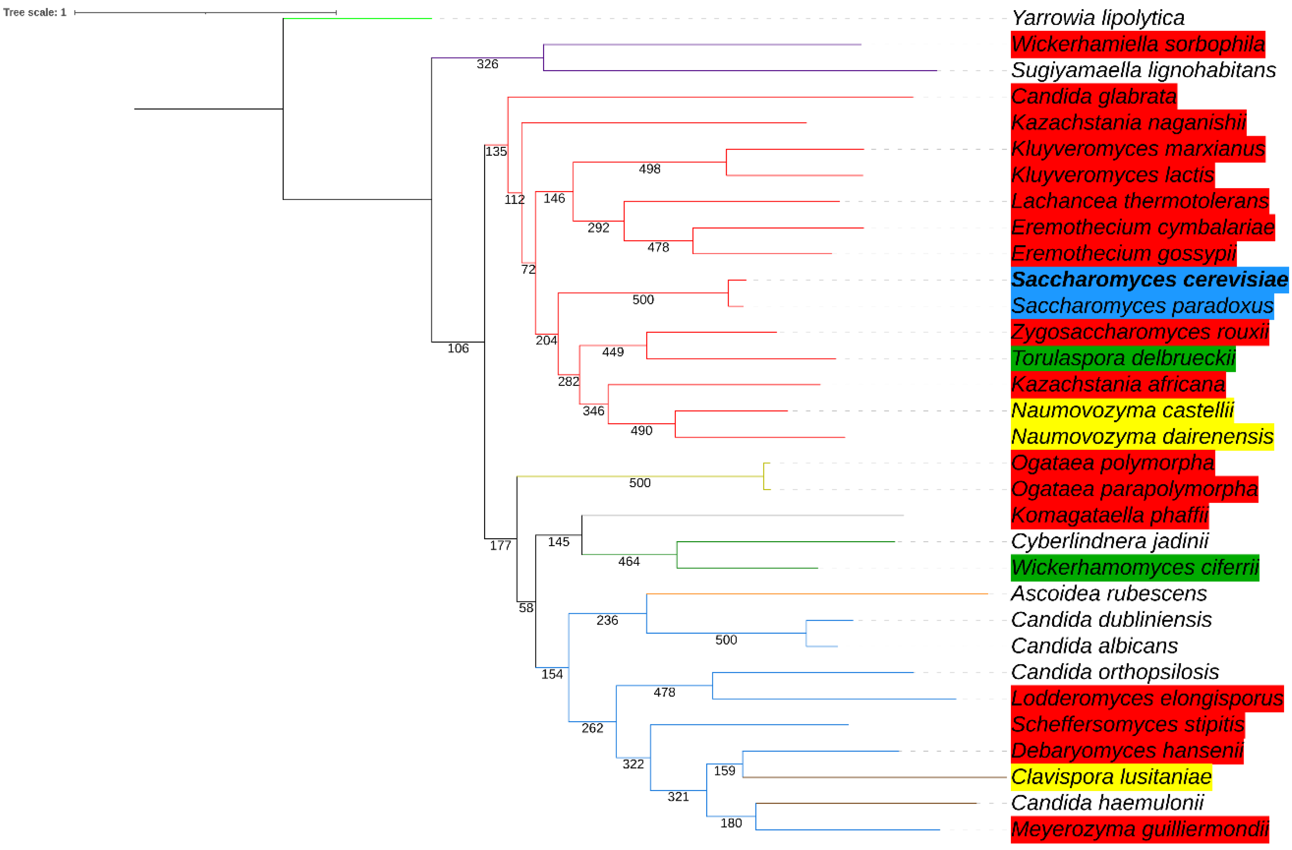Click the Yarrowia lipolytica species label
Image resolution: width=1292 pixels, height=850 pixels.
pyautogui.click(x=1097, y=18)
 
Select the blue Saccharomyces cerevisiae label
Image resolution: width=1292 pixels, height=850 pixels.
pyautogui.click(x=1149, y=280)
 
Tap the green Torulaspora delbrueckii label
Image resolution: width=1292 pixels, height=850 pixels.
pyautogui.click(x=1123, y=358)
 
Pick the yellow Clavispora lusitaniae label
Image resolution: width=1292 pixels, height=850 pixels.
pyautogui.click(x=1111, y=777)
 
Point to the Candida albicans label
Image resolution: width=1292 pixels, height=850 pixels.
pyautogui.click(x=1094, y=646)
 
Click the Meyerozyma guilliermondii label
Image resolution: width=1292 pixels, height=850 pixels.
pyautogui.click(x=1139, y=829)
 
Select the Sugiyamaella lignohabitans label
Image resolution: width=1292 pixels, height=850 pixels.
pyautogui.click(x=1143, y=70)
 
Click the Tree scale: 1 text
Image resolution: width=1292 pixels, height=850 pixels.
pyautogui.click(x=35, y=12)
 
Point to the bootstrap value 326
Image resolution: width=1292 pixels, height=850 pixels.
pyautogui.click(x=487, y=64)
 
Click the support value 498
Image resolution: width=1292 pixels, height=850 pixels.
pyautogui.click(x=649, y=169)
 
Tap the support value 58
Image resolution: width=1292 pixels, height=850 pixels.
pyautogui.click(x=525, y=608)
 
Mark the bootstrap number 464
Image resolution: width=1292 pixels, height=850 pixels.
pyautogui.click(x=628, y=561)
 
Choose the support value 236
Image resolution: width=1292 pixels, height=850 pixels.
pyautogui.click(x=607, y=620)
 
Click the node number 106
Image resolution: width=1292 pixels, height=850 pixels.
pyautogui.click(x=458, y=348)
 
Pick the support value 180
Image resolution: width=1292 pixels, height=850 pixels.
pyautogui.click(x=731, y=823)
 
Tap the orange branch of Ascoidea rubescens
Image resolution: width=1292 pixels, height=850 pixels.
pyautogui.click(x=814, y=594)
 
